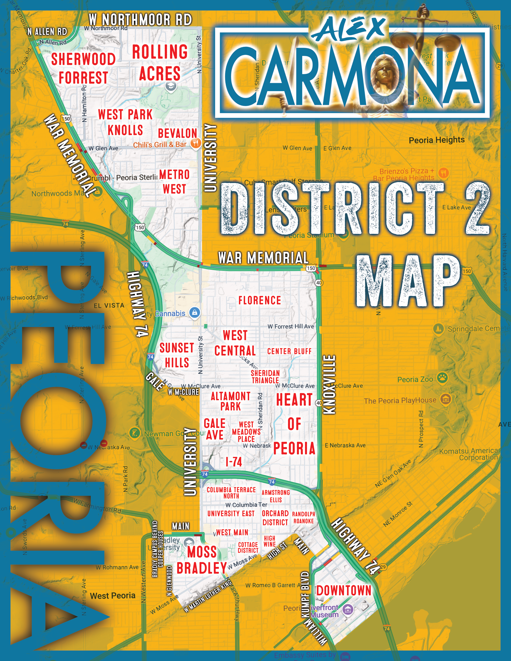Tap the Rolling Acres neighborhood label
[x=160, y=63]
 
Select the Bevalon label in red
[x=177, y=133]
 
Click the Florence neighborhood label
[x=260, y=301]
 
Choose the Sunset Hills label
[x=177, y=355]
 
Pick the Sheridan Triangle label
[x=265, y=377]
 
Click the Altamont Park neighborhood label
[x=231, y=401]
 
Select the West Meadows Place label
[x=246, y=432]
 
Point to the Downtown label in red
[x=344, y=591]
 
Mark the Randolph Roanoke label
[x=304, y=518]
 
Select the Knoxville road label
[x=329, y=384]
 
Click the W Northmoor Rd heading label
[x=140, y=20]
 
